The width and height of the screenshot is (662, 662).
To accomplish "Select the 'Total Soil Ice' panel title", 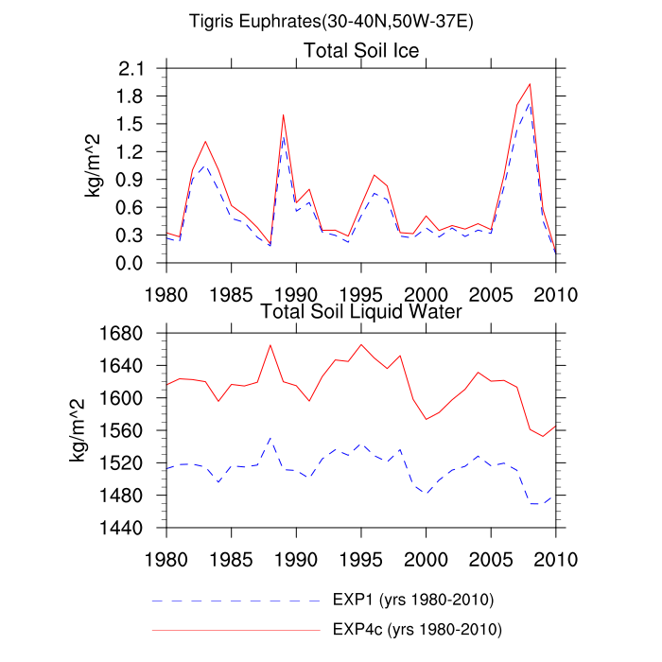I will tap(360, 50).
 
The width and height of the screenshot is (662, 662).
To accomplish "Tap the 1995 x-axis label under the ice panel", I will tap(360, 292).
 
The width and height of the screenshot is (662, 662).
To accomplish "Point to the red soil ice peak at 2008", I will tap(530, 84).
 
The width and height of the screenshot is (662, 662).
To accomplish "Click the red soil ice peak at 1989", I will tap(283, 115).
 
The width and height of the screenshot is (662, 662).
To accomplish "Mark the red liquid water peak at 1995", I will tap(361, 344).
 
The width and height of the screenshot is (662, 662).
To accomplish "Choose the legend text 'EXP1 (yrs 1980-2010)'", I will tap(413, 601).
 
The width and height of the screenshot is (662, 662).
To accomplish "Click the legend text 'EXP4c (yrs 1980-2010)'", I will tap(417, 629).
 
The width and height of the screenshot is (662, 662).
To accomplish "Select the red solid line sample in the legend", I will tap(235, 629).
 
